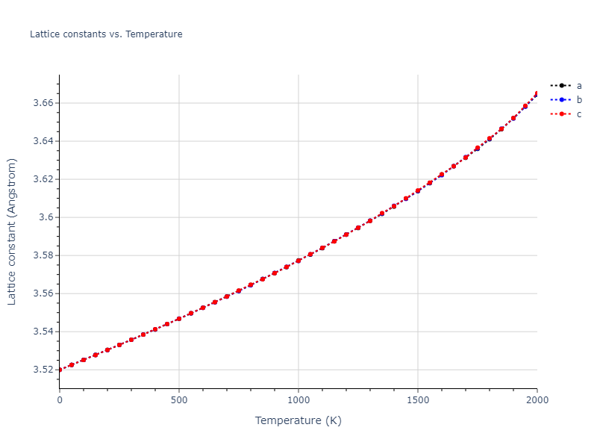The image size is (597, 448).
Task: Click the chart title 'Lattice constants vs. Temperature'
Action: point(106,34)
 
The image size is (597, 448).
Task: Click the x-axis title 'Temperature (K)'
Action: point(298,420)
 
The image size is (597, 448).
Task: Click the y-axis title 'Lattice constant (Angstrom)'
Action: point(12,231)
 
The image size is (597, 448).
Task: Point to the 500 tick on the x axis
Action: point(179,400)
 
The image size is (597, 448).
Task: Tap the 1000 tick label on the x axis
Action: point(298,400)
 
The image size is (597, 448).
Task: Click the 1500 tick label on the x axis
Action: point(418,400)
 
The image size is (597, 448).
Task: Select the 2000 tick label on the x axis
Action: point(537,400)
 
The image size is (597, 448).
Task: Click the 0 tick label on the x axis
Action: point(60,400)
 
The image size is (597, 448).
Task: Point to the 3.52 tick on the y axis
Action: point(43,370)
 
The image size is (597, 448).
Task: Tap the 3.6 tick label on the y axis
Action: point(46,217)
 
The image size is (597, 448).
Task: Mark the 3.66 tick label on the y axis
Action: point(43,103)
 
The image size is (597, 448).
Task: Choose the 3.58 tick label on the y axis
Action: point(43,255)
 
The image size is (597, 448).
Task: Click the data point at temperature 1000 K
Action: point(298,261)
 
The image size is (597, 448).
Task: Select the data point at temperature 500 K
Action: point(179,319)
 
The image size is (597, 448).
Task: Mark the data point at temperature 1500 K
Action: point(418,190)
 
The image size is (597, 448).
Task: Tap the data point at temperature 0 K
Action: point(60,370)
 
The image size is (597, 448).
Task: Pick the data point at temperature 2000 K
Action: point(537,94)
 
